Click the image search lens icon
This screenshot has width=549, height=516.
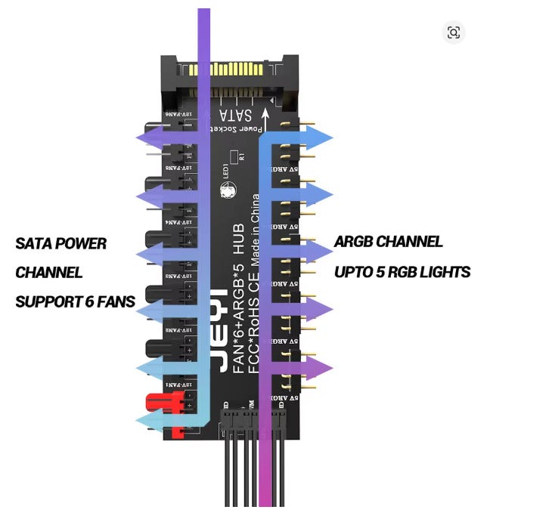[454, 32]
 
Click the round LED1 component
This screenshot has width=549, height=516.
[228, 192]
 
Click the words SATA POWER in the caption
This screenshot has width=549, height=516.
[61, 244]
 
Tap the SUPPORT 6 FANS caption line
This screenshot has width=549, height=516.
[75, 302]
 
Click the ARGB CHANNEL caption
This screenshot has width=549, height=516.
[388, 242]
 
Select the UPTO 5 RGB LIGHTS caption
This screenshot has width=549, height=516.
[402, 271]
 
